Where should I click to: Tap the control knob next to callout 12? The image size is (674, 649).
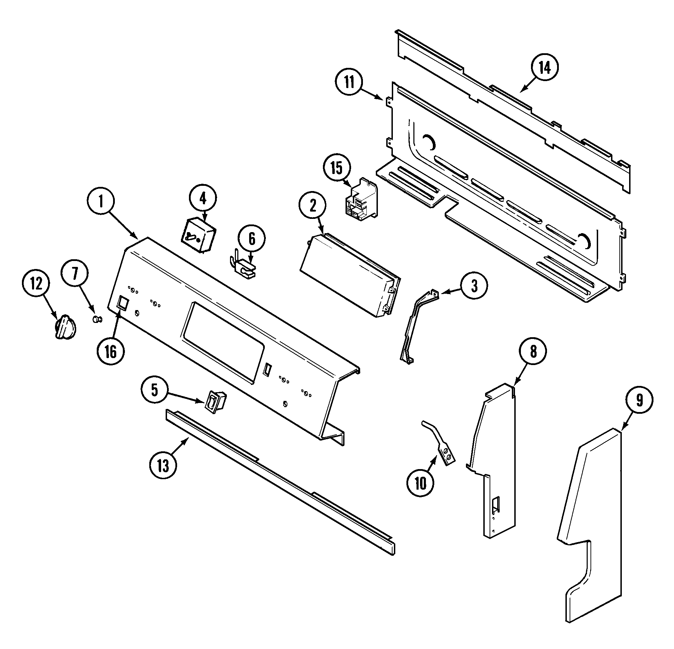point(65,327)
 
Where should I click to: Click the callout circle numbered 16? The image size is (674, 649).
point(110,352)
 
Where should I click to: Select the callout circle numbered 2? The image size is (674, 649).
point(312,206)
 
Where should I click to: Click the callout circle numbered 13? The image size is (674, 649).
point(163,465)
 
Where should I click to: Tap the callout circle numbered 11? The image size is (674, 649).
point(349,82)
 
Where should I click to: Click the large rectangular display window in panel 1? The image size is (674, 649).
point(222,342)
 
